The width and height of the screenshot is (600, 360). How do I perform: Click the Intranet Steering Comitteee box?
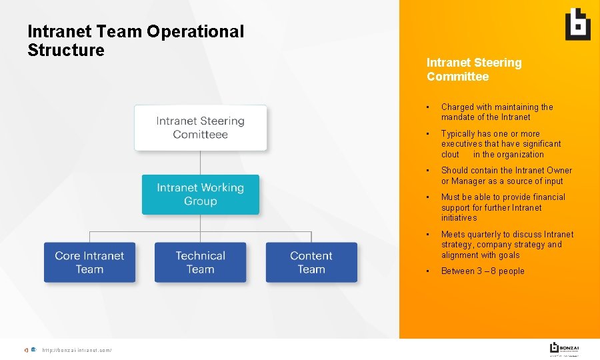pos(201,127)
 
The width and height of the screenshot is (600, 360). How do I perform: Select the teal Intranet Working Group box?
pos(201,194)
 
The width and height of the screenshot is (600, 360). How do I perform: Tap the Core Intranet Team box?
pos(89,262)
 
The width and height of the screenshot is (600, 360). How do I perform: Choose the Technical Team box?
pos(201,262)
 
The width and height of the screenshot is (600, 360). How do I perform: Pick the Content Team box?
pos(311,262)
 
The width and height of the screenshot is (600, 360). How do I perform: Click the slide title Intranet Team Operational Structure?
pos(135,41)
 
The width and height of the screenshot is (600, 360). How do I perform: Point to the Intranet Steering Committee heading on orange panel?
pos(474,69)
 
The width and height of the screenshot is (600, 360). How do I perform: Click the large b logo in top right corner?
pos(577,25)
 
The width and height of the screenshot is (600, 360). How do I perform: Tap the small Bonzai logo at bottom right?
pos(564,348)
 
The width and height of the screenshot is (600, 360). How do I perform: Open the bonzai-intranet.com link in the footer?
pos(77,351)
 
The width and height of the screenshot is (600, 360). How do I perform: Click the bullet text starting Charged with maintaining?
pos(497,111)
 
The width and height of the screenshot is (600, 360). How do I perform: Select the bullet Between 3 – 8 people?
pos(483,271)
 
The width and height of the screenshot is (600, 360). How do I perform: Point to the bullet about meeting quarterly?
pos(507,245)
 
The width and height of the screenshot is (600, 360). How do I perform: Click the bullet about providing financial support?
pos(503,207)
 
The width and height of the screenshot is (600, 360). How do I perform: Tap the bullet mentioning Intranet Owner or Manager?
pos(506,175)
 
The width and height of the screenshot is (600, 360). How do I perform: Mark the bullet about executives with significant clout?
pos(501,143)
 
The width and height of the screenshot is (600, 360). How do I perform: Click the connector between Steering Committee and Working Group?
pos(201,163)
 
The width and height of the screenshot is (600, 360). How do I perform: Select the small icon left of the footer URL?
pos(31,351)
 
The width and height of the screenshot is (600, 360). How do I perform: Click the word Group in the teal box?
pos(201,201)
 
